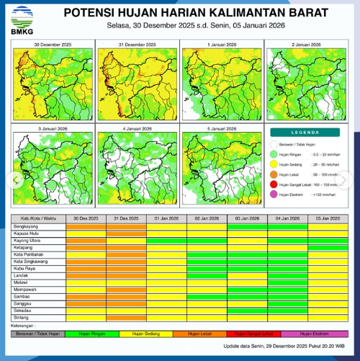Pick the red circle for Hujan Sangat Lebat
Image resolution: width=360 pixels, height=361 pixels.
tap(274, 184)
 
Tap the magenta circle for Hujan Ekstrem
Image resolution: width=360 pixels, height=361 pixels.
tap(274, 195)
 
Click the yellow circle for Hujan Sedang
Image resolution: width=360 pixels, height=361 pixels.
tap(274, 164)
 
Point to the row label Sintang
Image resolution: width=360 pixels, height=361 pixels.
tap(22, 316)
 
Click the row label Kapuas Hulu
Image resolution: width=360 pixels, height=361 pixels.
tap(27, 233)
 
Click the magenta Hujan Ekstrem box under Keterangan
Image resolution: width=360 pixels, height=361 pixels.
tap(314, 334)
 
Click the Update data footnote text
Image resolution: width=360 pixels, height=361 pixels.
tap(284, 347)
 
